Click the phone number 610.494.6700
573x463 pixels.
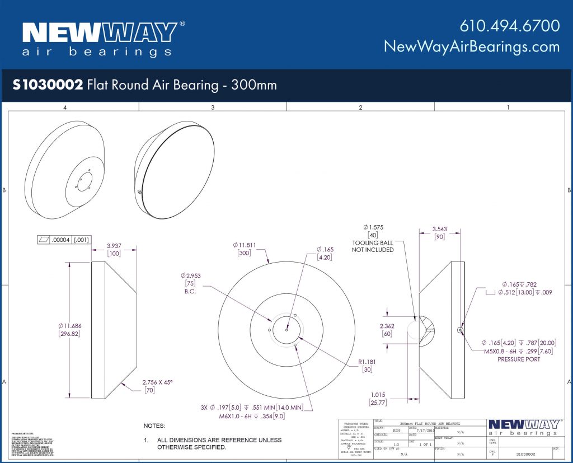pyautogui.click(x=509, y=26)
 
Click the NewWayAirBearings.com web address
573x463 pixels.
pyautogui.click(x=471, y=46)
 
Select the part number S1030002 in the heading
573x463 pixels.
pyautogui.click(x=48, y=85)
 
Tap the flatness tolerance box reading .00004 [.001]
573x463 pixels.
pyautogui.click(x=64, y=240)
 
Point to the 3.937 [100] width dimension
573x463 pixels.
pyautogui.click(x=114, y=250)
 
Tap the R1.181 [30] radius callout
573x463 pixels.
pyautogui.click(x=367, y=366)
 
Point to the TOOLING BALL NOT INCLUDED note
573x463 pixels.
pyautogui.click(x=373, y=246)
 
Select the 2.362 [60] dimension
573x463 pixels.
pyautogui.click(x=387, y=330)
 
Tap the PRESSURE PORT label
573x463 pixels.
pyautogui.click(x=518, y=359)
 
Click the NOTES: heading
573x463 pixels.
pyautogui.click(x=154, y=426)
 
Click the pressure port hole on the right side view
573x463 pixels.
pyautogui.click(x=460, y=330)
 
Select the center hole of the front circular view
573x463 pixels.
pyautogui.click(x=286, y=330)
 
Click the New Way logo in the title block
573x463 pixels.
pyautogui.click(x=523, y=427)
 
